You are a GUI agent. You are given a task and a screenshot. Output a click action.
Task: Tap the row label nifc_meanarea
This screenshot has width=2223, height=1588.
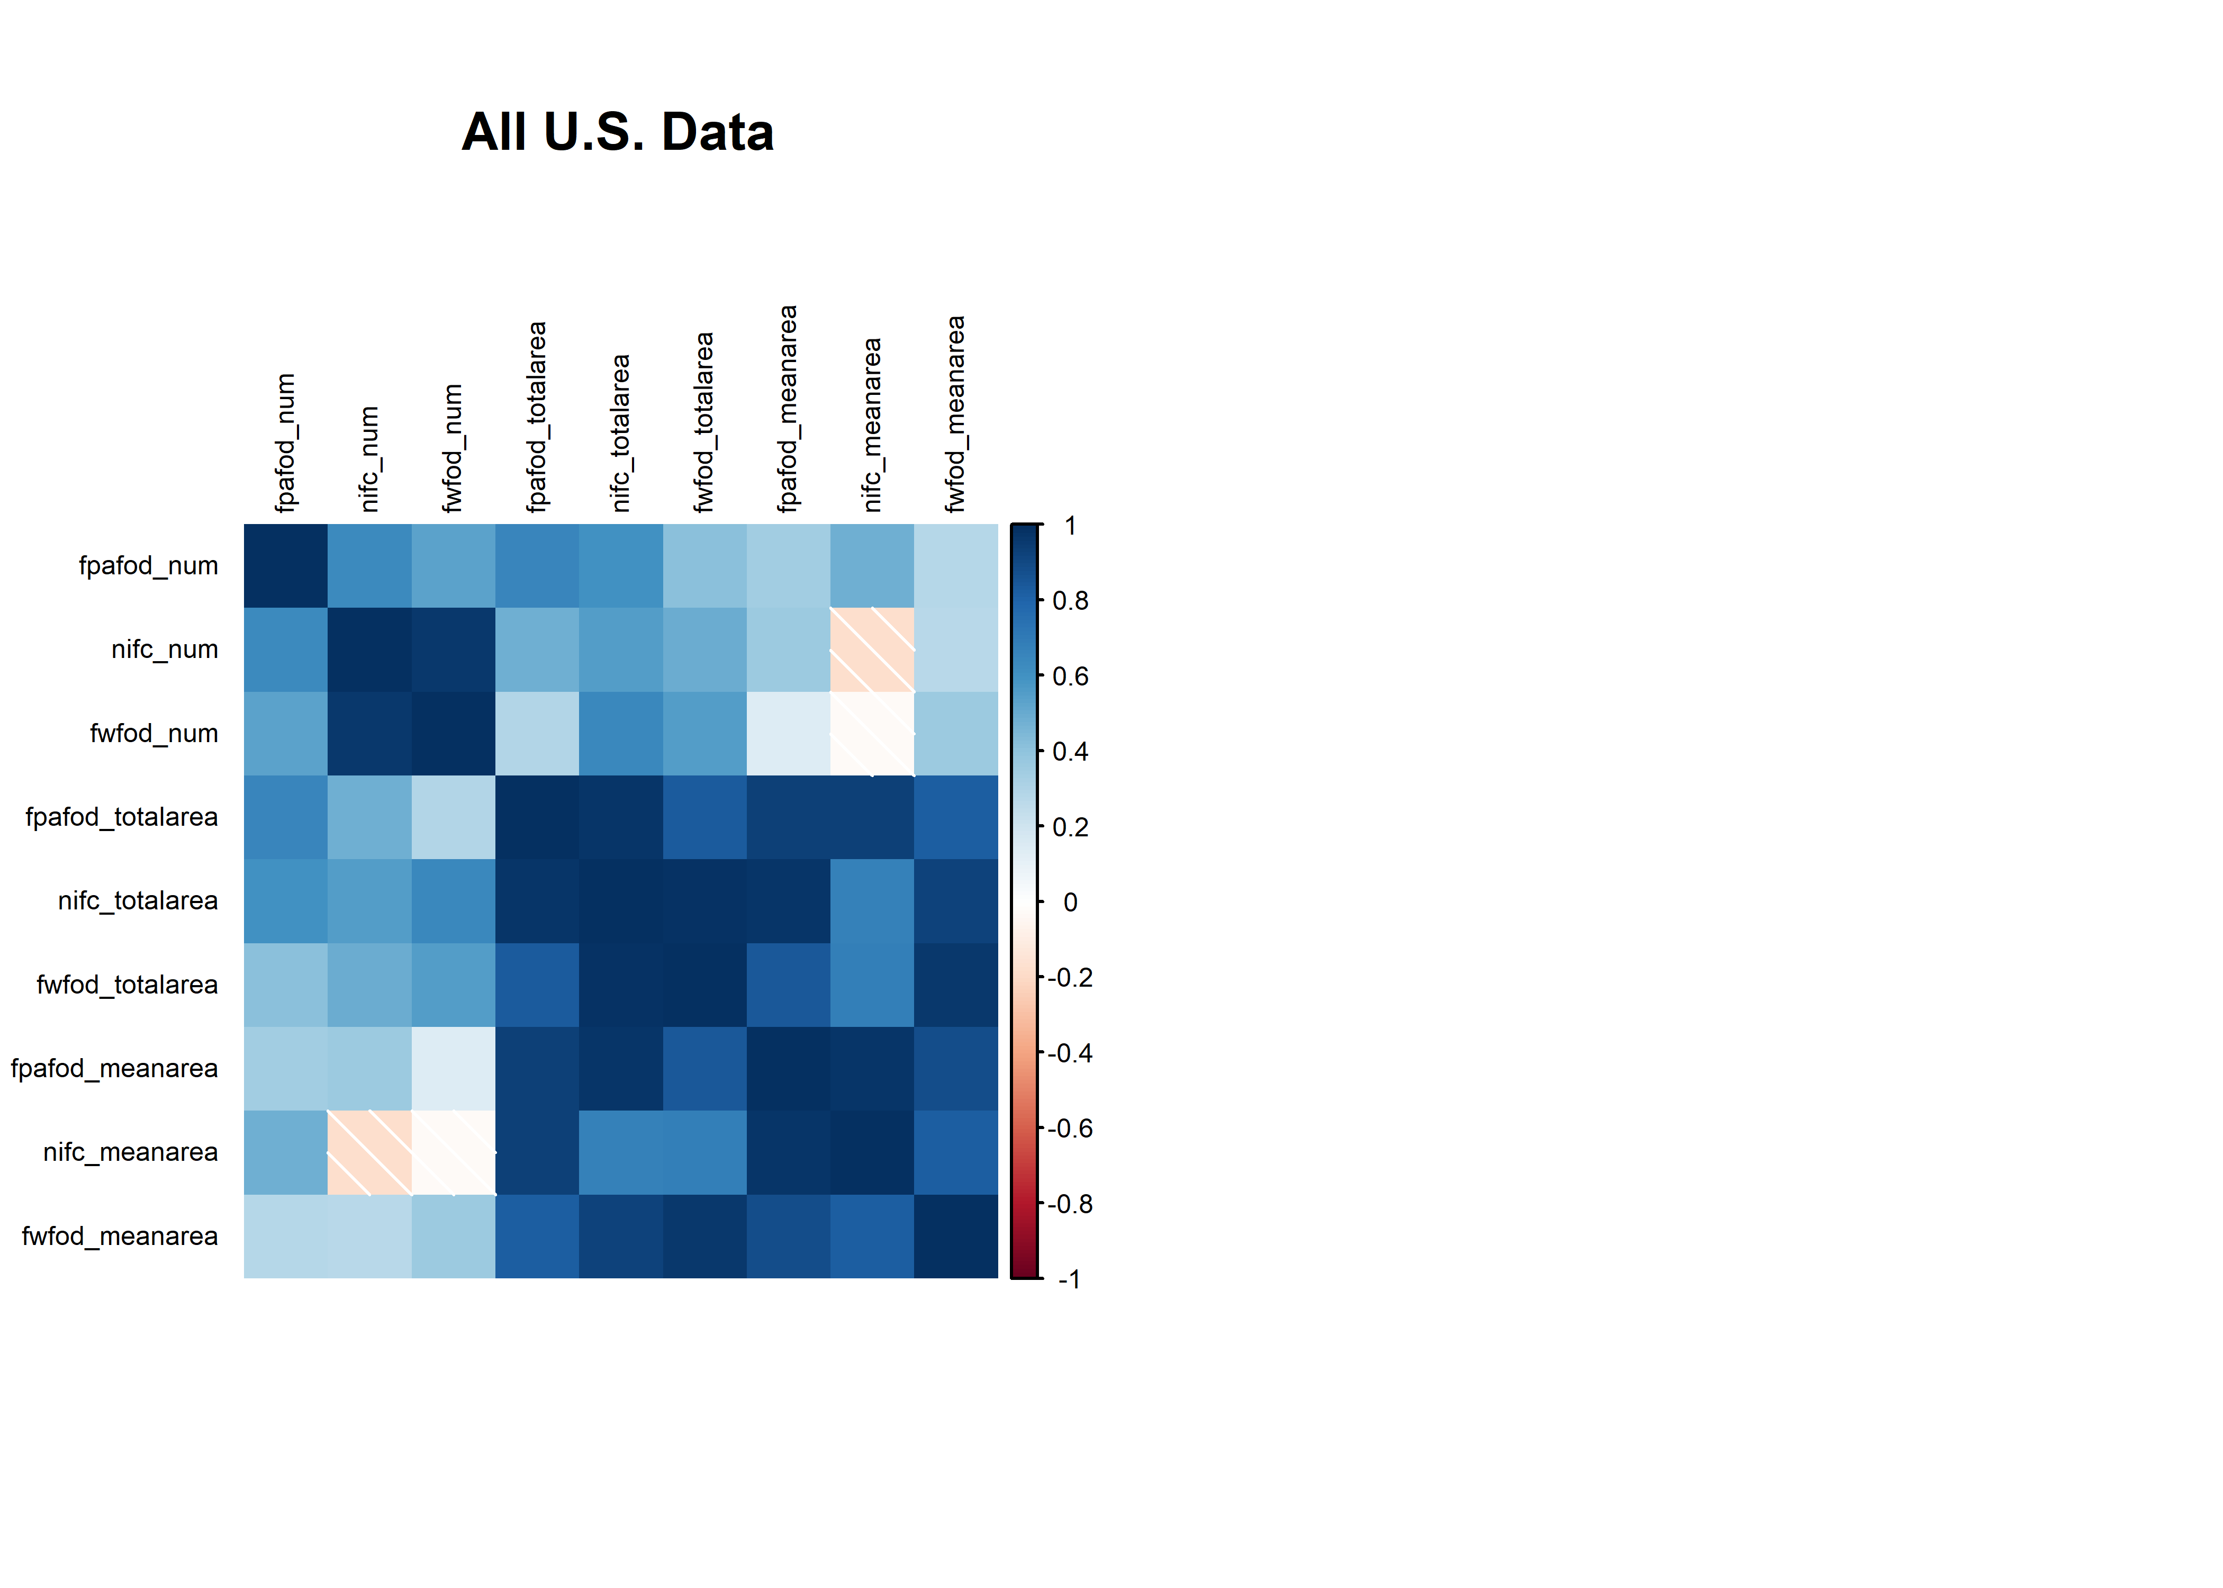130,1152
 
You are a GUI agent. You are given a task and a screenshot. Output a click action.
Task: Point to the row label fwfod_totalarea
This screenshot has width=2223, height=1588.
127,985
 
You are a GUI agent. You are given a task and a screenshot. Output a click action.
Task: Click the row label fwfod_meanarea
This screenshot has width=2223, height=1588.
119,1236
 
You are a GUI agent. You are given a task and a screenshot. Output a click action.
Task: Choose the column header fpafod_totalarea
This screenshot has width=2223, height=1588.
537,417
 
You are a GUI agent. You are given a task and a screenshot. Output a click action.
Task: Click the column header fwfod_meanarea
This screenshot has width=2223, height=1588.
955,413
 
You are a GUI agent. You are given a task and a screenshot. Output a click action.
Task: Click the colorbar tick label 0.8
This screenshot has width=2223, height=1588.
1070,600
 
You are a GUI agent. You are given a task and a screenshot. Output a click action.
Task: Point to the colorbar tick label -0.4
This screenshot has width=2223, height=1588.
1070,1053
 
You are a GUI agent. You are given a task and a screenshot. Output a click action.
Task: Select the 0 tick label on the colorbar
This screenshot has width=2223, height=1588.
1070,901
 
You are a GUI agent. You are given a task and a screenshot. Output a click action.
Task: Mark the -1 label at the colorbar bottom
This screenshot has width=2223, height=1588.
1070,1279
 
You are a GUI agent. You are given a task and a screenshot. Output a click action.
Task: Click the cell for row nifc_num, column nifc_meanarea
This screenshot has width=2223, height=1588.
872,649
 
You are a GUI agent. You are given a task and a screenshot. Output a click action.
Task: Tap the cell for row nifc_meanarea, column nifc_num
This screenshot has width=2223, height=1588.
369,1152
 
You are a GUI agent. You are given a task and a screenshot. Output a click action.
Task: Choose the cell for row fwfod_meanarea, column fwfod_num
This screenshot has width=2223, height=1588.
454,1236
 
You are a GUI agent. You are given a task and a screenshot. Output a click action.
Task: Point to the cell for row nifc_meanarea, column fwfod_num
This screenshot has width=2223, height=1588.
454,1152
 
